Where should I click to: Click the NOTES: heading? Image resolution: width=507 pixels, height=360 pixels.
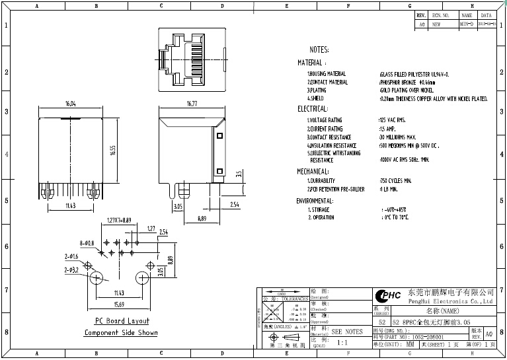click(323, 50)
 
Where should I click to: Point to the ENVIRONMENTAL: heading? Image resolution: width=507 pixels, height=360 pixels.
click(315, 200)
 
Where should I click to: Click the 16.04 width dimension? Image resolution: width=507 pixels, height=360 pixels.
click(70, 104)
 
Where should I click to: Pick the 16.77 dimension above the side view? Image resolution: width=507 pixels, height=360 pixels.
click(192, 104)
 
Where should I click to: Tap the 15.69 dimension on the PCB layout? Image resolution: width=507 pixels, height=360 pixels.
click(119, 304)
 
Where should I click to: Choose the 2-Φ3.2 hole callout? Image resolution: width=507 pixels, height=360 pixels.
click(71, 270)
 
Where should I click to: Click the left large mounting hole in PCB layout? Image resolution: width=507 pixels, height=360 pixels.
click(97, 278)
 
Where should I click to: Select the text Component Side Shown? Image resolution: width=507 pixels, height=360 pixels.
click(120, 333)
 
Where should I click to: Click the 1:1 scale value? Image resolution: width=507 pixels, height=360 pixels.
click(343, 343)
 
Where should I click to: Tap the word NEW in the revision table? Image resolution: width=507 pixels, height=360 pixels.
click(436, 23)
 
